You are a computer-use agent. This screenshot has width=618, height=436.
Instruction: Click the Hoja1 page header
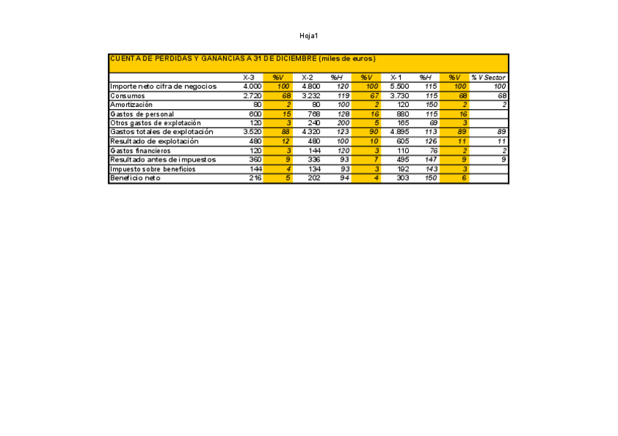pyautogui.click(x=309, y=36)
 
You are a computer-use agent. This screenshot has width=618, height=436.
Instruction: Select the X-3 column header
pyautogui.click(x=249, y=77)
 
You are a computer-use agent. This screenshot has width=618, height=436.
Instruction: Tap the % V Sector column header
pyautogui.click(x=488, y=77)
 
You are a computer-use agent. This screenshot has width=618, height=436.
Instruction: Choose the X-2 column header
pyautogui.click(x=308, y=77)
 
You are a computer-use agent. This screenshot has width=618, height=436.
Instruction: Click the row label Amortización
pyautogui.click(x=131, y=105)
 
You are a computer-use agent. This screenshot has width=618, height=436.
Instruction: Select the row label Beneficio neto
pyautogui.click(x=135, y=178)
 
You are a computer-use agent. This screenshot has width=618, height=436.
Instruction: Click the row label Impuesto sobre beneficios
pyautogui.click(x=152, y=169)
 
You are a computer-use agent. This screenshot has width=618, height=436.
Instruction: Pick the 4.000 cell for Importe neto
pyautogui.click(x=252, y=87)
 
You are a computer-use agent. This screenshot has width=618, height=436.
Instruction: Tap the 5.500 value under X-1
pyautogui.click(x=399, y=87)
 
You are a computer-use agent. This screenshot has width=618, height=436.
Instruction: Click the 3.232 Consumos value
pyautogui.click(x=311, y=95)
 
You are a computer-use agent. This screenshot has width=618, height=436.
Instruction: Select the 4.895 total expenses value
pyautogui.click(x=399, y=132)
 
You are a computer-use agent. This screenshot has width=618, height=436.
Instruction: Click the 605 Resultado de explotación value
pyautogui.click(x=402, y=141)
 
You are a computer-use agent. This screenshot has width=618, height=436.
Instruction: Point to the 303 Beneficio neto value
pyautogui.click(x=402, y=178)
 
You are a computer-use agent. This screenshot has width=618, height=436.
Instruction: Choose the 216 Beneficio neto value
pyautogui.click(x=255, y=178)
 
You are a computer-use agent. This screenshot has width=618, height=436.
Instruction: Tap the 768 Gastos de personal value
pyautogui.click(x=314, y=114)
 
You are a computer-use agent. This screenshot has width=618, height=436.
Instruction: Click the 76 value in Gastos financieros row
pyautogui.click(x=432, y=151)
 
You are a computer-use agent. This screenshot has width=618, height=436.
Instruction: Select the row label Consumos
pyautogui.click(x=128, y=95)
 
